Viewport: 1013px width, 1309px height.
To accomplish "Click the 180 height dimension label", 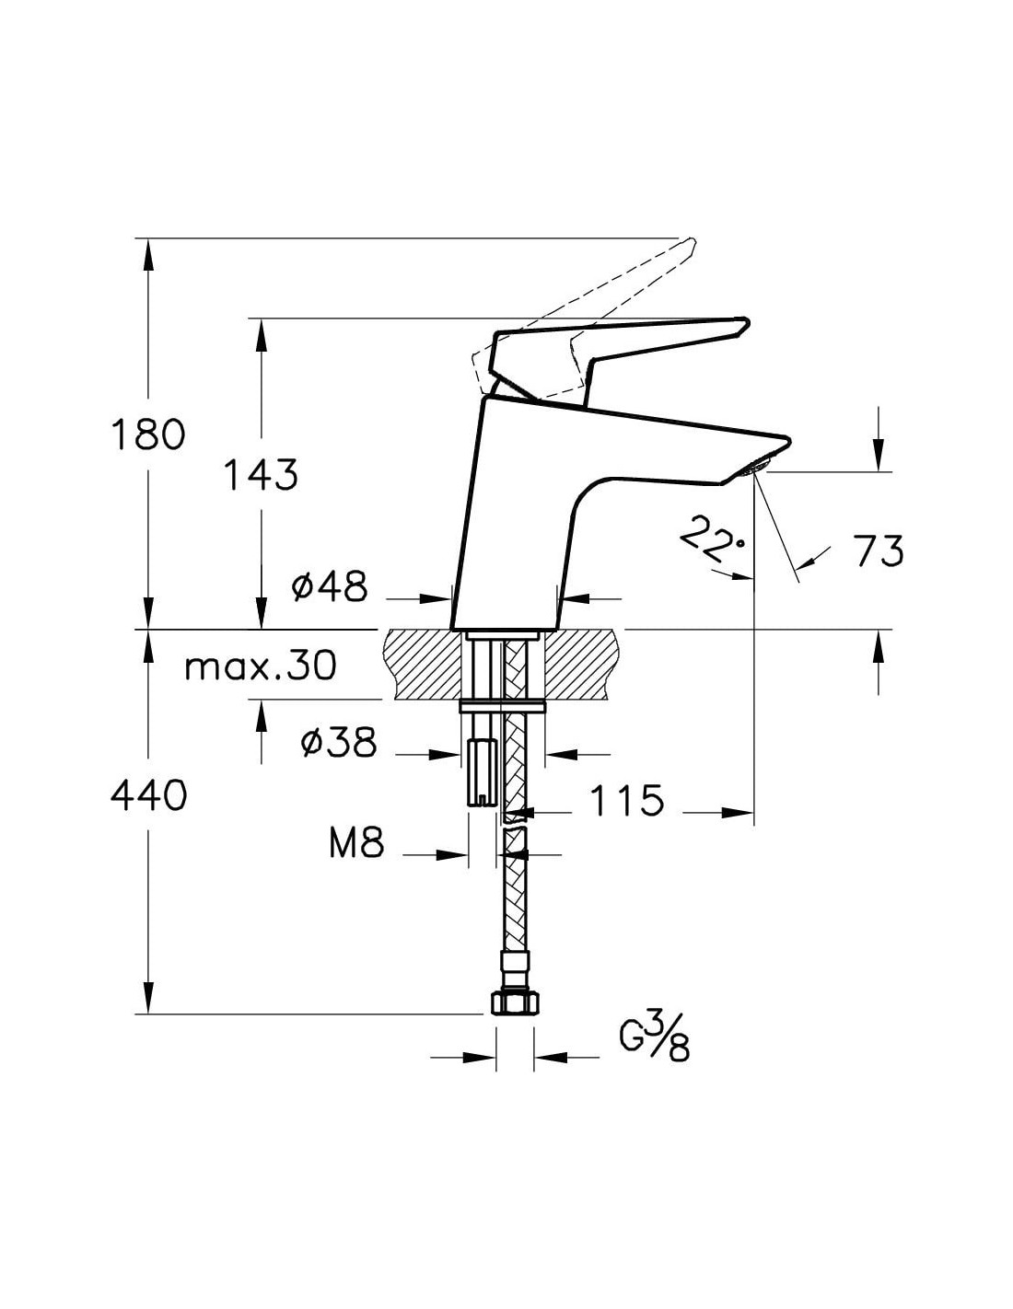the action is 148,434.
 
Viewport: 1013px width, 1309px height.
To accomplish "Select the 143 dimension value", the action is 261,475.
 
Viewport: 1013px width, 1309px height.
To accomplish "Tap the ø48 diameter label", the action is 329,586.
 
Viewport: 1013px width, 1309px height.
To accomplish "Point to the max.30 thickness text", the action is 261,666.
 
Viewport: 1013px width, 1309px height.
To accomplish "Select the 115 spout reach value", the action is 626,801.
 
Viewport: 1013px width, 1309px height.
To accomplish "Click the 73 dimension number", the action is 878,550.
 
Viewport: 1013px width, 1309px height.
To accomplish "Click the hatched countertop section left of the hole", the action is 423,664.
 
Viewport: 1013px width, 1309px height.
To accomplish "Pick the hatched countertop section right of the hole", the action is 582,664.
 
